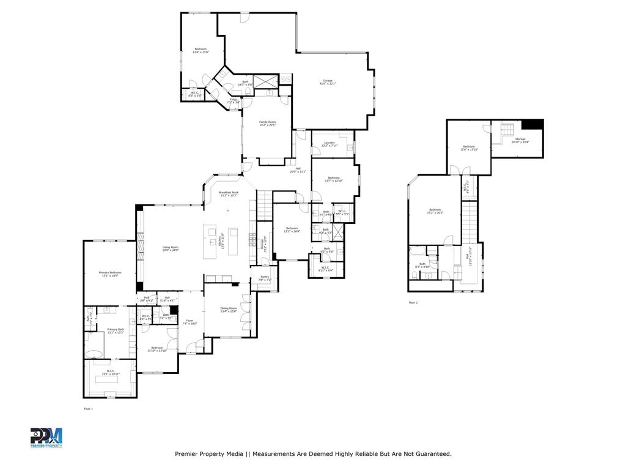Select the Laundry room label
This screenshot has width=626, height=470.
click(x=330, y=144)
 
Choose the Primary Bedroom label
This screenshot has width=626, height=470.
click(x=110, y=274)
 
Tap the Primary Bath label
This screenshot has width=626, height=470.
click(x=116, y=330)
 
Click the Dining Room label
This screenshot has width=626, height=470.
click(x=228, y=310)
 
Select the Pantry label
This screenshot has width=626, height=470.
click(x=264, y=278)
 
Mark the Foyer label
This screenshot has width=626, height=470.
click(x=190, y=321)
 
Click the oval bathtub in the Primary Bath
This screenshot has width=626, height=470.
click(x=94, y=353)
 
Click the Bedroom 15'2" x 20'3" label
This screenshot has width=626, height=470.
click(x=435, y=211)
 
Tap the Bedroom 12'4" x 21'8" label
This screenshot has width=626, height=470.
click(x=201, y=50)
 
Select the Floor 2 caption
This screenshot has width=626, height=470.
click(x=413, y=302)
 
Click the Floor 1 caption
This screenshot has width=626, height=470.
click(x=88, y=408)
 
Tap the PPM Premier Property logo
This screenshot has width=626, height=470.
click(x=46, y=438)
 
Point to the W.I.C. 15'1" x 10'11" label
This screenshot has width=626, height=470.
click(x=110, y=372)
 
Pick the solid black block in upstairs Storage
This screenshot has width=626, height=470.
click(x=536, y=124)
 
